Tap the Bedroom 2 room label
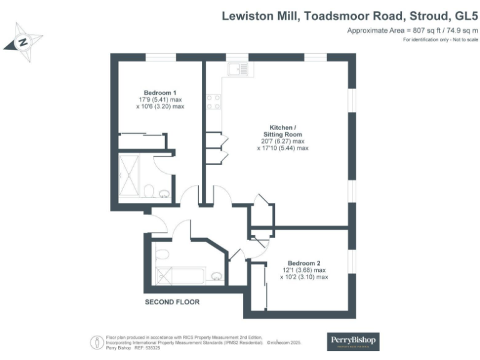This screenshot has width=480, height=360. click(x=304, y=262)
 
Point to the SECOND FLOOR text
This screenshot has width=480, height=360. click(x=172, y=302)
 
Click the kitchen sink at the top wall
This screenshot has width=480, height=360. click(x=237, y=69)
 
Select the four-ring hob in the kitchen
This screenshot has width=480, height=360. click(x=214, y=102)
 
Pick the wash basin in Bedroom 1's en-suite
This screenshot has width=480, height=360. click(x=165, y=193)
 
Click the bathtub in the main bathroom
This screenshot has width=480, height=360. click(x=179, y=274)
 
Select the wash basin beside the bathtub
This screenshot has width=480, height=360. click(x=216, y=274)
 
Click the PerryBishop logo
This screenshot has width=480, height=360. click(x=353, y=340)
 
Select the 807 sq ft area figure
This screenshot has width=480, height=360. click(x=404, y=31)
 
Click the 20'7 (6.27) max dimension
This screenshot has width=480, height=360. click(x=282, y=141)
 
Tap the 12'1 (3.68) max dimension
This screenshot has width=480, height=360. click(x=304, y=270)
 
